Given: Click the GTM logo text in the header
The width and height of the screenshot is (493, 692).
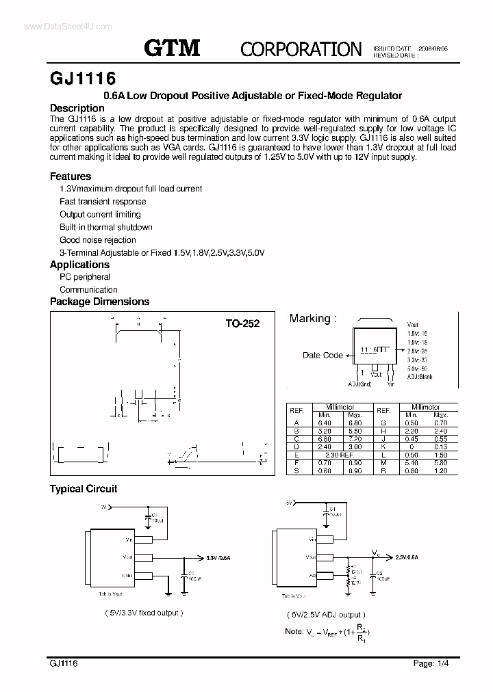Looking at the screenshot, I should (x=172, y=47).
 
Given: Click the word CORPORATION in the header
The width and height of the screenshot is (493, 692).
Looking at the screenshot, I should (x=301, y=49).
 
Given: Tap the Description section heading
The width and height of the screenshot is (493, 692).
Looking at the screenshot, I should (x=77, y=108).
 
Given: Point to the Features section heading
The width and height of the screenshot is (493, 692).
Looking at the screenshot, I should (x=71, y=176).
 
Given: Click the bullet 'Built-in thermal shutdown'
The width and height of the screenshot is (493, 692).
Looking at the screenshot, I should (x=106, y=227).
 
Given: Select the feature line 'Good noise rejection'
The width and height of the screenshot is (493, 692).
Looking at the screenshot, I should (x=98, y=240).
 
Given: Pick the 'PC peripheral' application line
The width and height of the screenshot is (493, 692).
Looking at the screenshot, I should (x=85, y=277).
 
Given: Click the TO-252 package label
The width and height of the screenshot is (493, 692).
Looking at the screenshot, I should (x=242, y=323).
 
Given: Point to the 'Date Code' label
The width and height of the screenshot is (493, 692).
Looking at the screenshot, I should (x=323, y=355).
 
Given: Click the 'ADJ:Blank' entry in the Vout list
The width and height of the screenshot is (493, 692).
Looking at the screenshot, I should (x=420, y=377).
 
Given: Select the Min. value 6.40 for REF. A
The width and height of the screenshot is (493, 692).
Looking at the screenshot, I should (x=325, y=423).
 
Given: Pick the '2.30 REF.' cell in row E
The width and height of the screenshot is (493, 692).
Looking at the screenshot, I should (x=340, y=454).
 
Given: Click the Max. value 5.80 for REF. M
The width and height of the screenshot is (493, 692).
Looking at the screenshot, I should (x=440, y=462).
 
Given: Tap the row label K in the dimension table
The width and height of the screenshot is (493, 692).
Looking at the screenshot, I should (x=384, y=447).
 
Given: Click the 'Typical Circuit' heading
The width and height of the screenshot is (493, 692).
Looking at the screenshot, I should (x=84, y=489).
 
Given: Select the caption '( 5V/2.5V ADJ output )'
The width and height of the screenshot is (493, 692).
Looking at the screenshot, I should (x=322, y=615).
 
